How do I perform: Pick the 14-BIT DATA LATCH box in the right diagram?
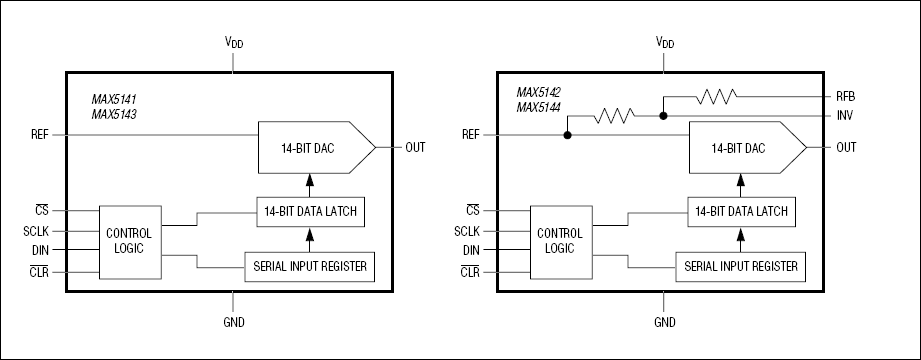pyautogui.click(x=739, y=211)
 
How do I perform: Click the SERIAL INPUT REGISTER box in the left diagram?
pyautogui.click(x=309, y=266)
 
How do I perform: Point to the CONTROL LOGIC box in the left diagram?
pyautogui.click(x=129, y=240)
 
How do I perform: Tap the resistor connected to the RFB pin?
pyautogui.click(x=717, y=97)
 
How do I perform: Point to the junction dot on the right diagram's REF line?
pyautogui.click(x=567, y=134)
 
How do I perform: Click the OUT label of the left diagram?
pyautogui.click(x=415, y=147)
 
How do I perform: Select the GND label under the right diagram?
pyautogui.click(x=664, y=323)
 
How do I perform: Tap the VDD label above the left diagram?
pyautogui.click(x=233, y=43)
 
